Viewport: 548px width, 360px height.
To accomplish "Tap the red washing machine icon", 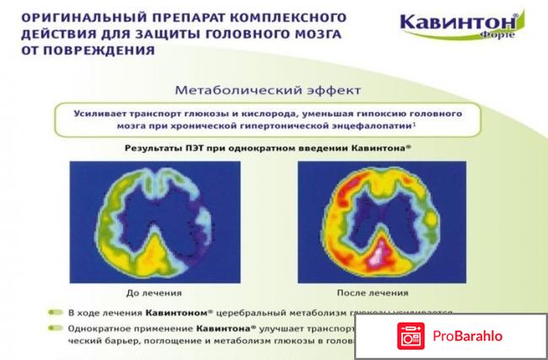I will coord(409,335).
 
